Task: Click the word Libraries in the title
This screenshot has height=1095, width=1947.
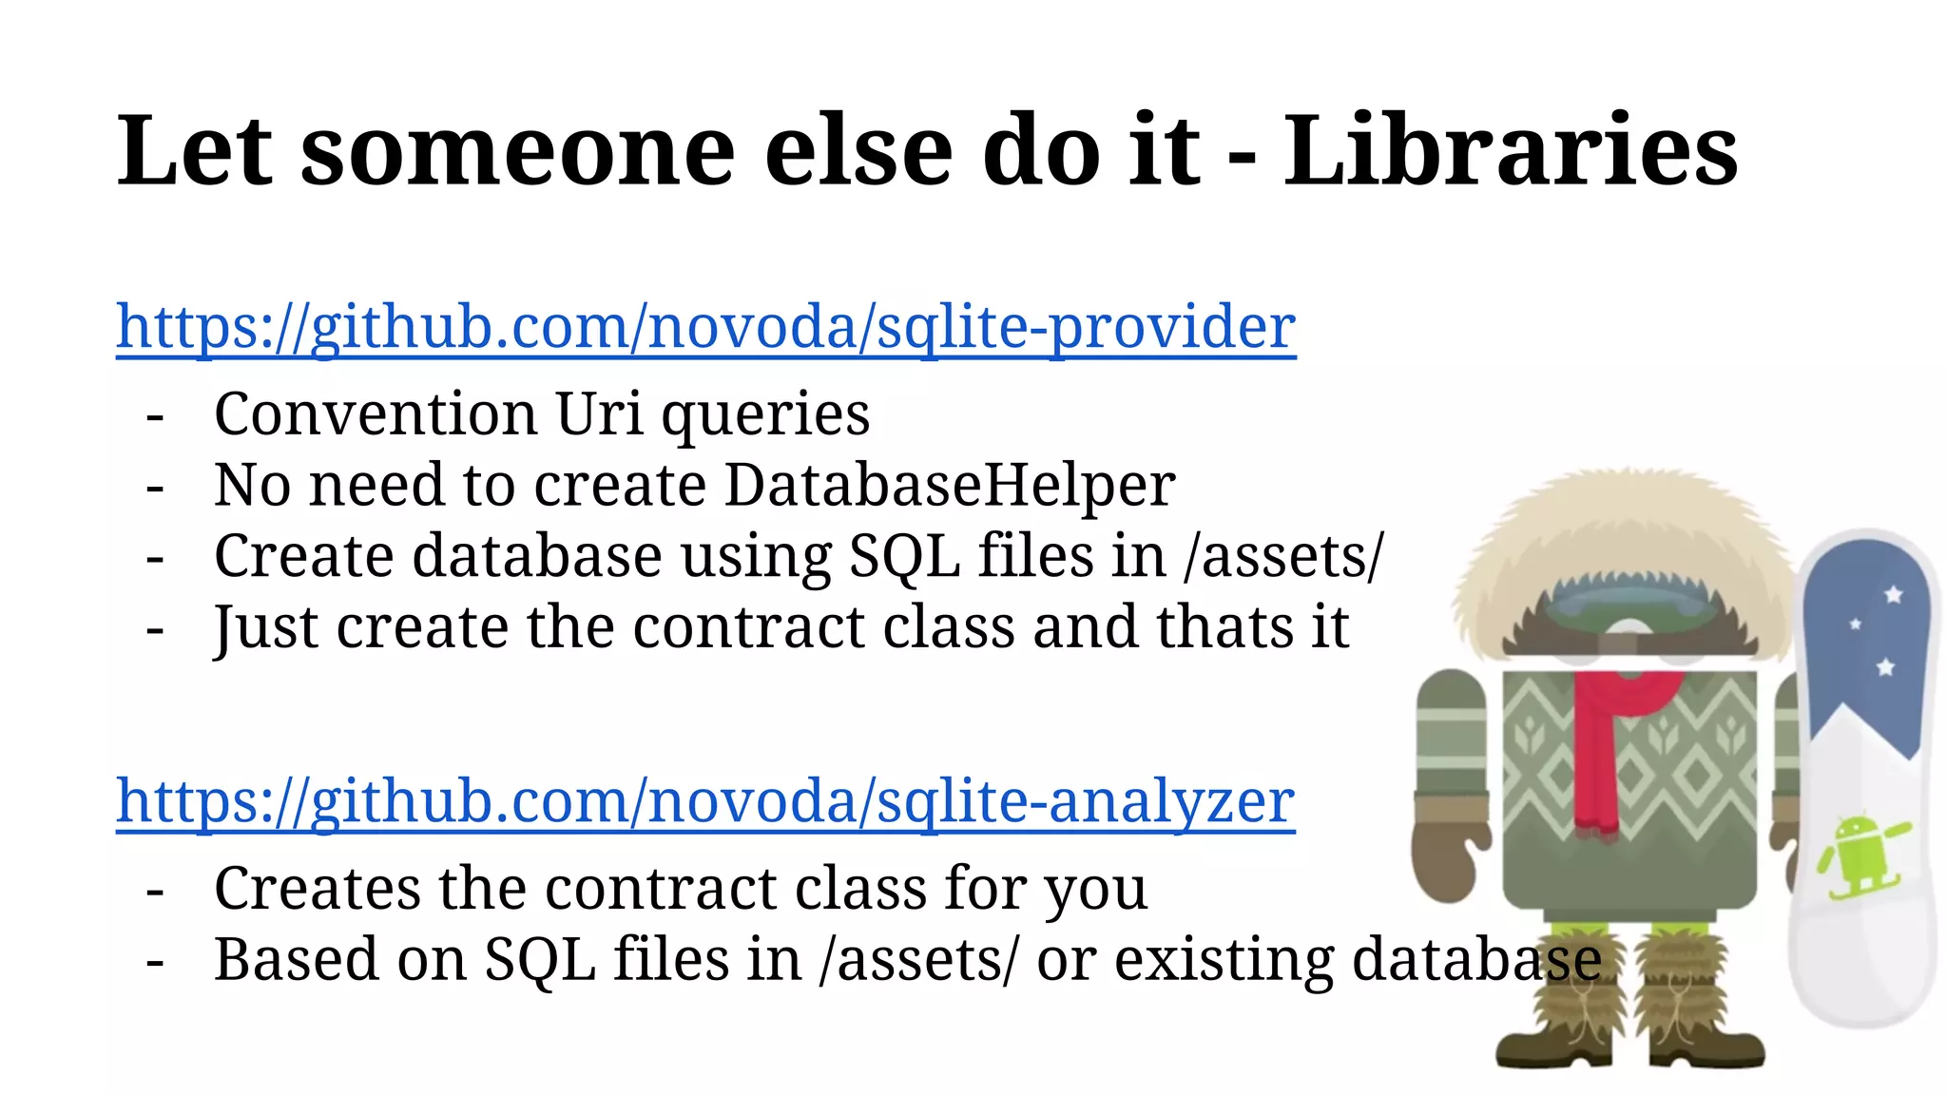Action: point(1511,150)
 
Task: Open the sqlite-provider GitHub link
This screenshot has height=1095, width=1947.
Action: point(705,327)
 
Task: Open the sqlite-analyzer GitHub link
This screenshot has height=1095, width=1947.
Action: point(705,801)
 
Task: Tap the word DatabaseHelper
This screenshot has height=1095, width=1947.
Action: point(950,485)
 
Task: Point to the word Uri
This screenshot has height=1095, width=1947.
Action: point(599,414)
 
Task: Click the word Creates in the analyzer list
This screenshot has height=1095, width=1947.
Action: point(318,889)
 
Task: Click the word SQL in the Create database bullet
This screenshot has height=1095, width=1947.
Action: point(903,556)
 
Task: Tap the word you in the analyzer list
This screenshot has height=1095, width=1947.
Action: point(1095,889)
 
